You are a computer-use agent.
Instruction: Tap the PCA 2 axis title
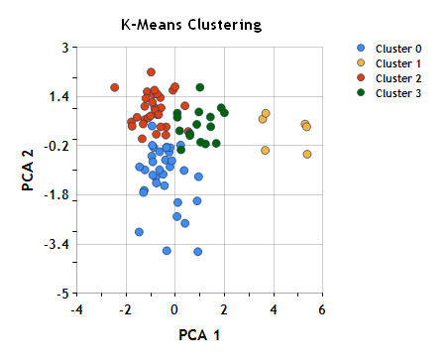click(x=30, y=170)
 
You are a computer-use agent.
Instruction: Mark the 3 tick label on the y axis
click(x=63, y=48)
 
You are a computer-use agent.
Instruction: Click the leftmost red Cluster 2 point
click(x=115, y=87)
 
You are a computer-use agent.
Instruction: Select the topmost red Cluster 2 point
click(x=152, y=72)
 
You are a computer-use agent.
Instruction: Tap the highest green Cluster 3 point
click(x=200, y=87)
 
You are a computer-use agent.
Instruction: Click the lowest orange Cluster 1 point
click(x=307, y=154)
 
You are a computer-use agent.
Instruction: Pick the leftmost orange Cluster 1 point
click(x=263, y=119)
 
